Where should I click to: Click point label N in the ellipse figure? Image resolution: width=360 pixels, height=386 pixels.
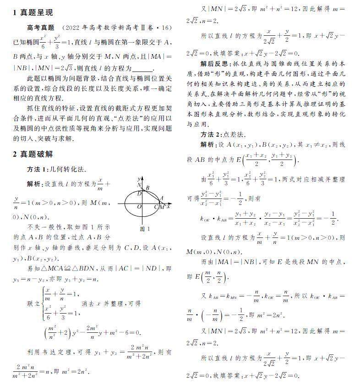(x=139, y=185)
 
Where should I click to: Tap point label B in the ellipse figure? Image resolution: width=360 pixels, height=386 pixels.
(x=147, y=187)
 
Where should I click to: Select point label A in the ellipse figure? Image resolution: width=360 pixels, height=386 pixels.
(x=161, y=199)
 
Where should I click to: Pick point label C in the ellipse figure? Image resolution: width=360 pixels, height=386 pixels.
(x=157, y=207)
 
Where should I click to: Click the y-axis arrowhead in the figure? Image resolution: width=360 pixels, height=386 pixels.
(x=142, y=177)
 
